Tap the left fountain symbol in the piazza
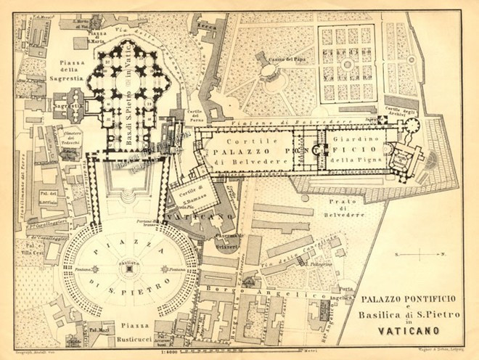coord(97,269)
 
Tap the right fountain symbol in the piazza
coord(163,269)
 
